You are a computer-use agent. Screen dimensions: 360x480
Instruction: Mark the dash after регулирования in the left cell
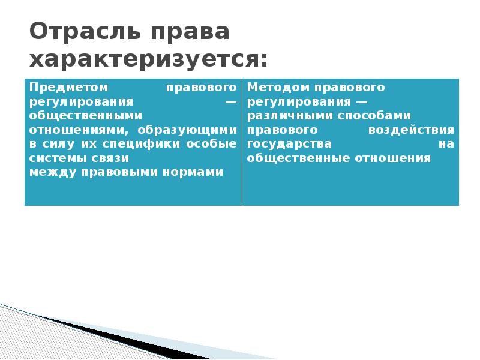230,101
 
